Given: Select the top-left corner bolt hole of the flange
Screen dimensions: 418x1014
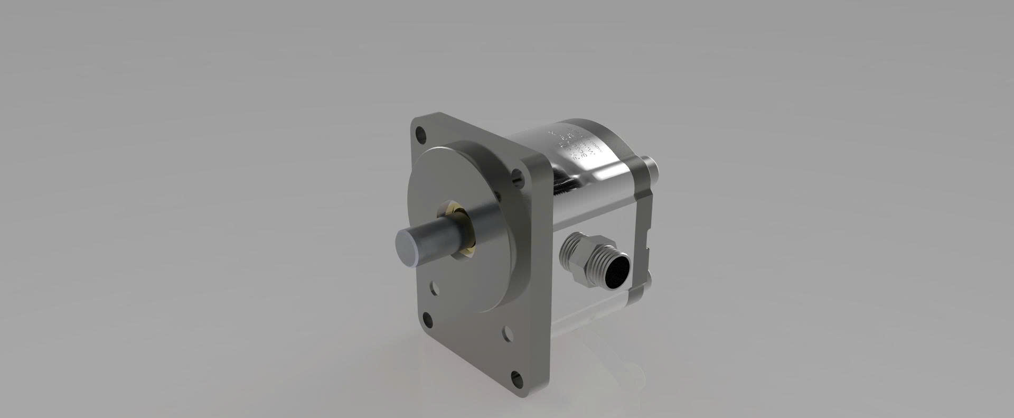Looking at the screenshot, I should [420, 134].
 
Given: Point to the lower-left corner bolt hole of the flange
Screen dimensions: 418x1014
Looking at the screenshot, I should [427, 319].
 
